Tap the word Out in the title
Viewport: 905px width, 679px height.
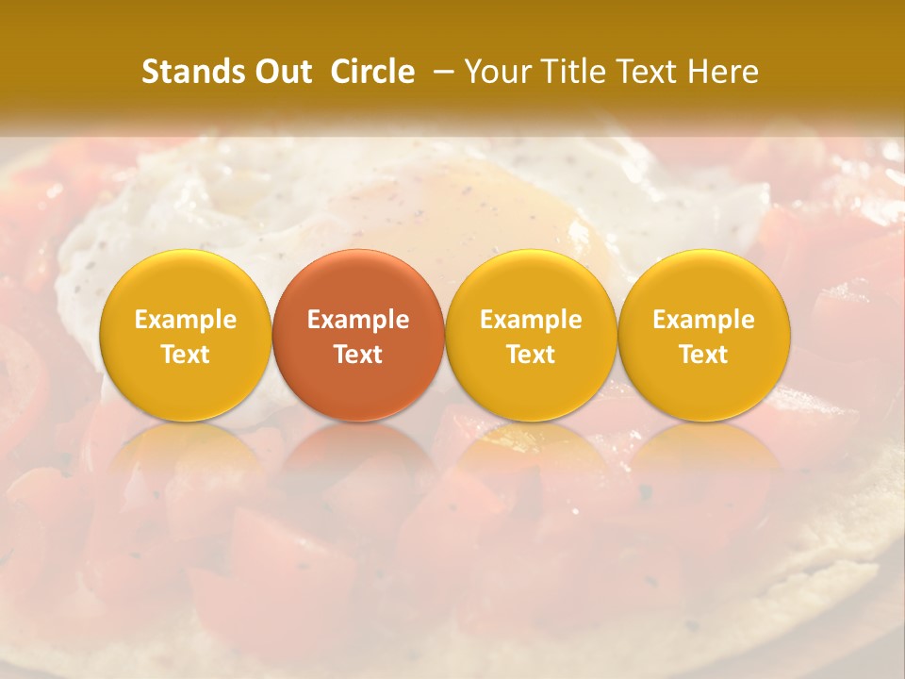pyautogui.click(x=282, y=72)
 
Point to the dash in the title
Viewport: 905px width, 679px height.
pyautogui.click(x=439, y=72)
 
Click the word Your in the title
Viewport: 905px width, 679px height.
pyautogui.click(x=493, y=72)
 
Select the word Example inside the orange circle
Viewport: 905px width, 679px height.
pyautogui.click(x=358, y=320)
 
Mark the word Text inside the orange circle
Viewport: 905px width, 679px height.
pyautogui.click(x=358, y=355)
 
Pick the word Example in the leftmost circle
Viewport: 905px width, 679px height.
pyautogui.click(x=185, y=320)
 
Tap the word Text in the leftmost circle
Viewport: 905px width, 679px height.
pyautogui.click(x=185, y=355)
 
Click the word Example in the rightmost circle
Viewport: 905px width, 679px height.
pyautogui.click(x=704, y=320)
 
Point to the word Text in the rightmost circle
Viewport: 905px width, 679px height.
pyautogui.click(x=704, y=355)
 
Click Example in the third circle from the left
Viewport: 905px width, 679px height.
pyautogui.click(x=531, y=320)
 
